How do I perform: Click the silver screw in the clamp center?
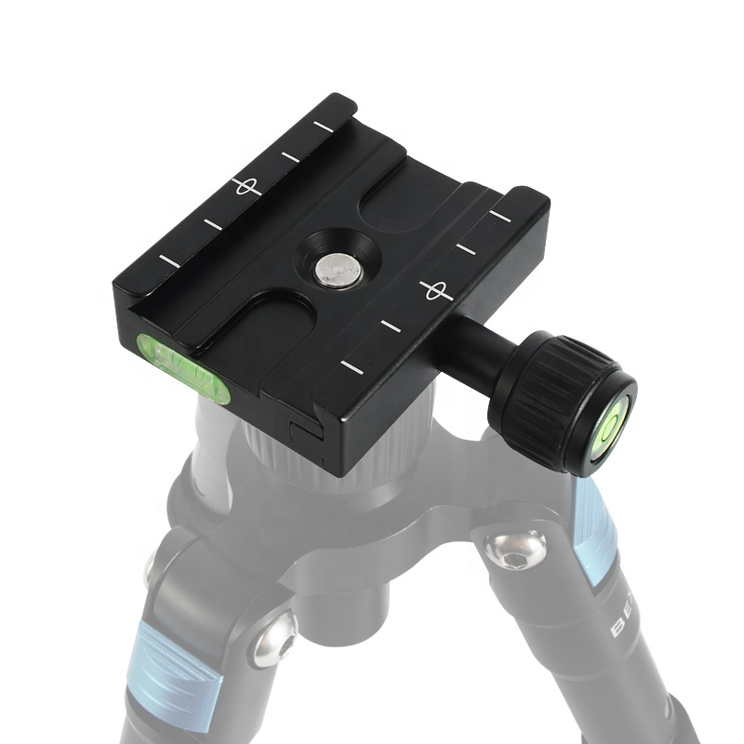pyautogui.click(x=338, y=272)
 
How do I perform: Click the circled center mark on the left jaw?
pyautogui.click(x=245, y=186)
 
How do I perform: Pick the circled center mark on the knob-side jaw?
pyautogui.click(x=434, y=290)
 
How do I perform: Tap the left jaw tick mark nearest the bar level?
pyautogui.click(x=169, y=259)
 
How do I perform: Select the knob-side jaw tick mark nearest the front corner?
pyautogui.click(x=351, y=365)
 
